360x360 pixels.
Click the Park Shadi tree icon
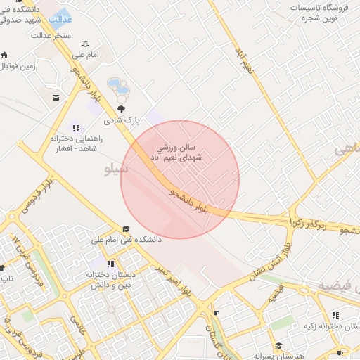(x=122, y=108)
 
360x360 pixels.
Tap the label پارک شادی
(x=118, y=120)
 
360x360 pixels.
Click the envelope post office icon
(x=56, y=98)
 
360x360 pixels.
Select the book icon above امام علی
(x=86, y=44)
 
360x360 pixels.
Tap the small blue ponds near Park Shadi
(x=118, y=88)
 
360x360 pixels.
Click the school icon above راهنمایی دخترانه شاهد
(x=75, y=128)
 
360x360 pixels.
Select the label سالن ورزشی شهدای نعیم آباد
(x=181, y=153)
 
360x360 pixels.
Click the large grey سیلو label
(x=116, y=169)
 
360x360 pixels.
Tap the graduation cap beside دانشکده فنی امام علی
(x=126, y=229)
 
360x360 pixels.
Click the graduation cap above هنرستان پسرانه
(x=278, y=345)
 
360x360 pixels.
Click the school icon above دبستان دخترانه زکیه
(x=335, y=314)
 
